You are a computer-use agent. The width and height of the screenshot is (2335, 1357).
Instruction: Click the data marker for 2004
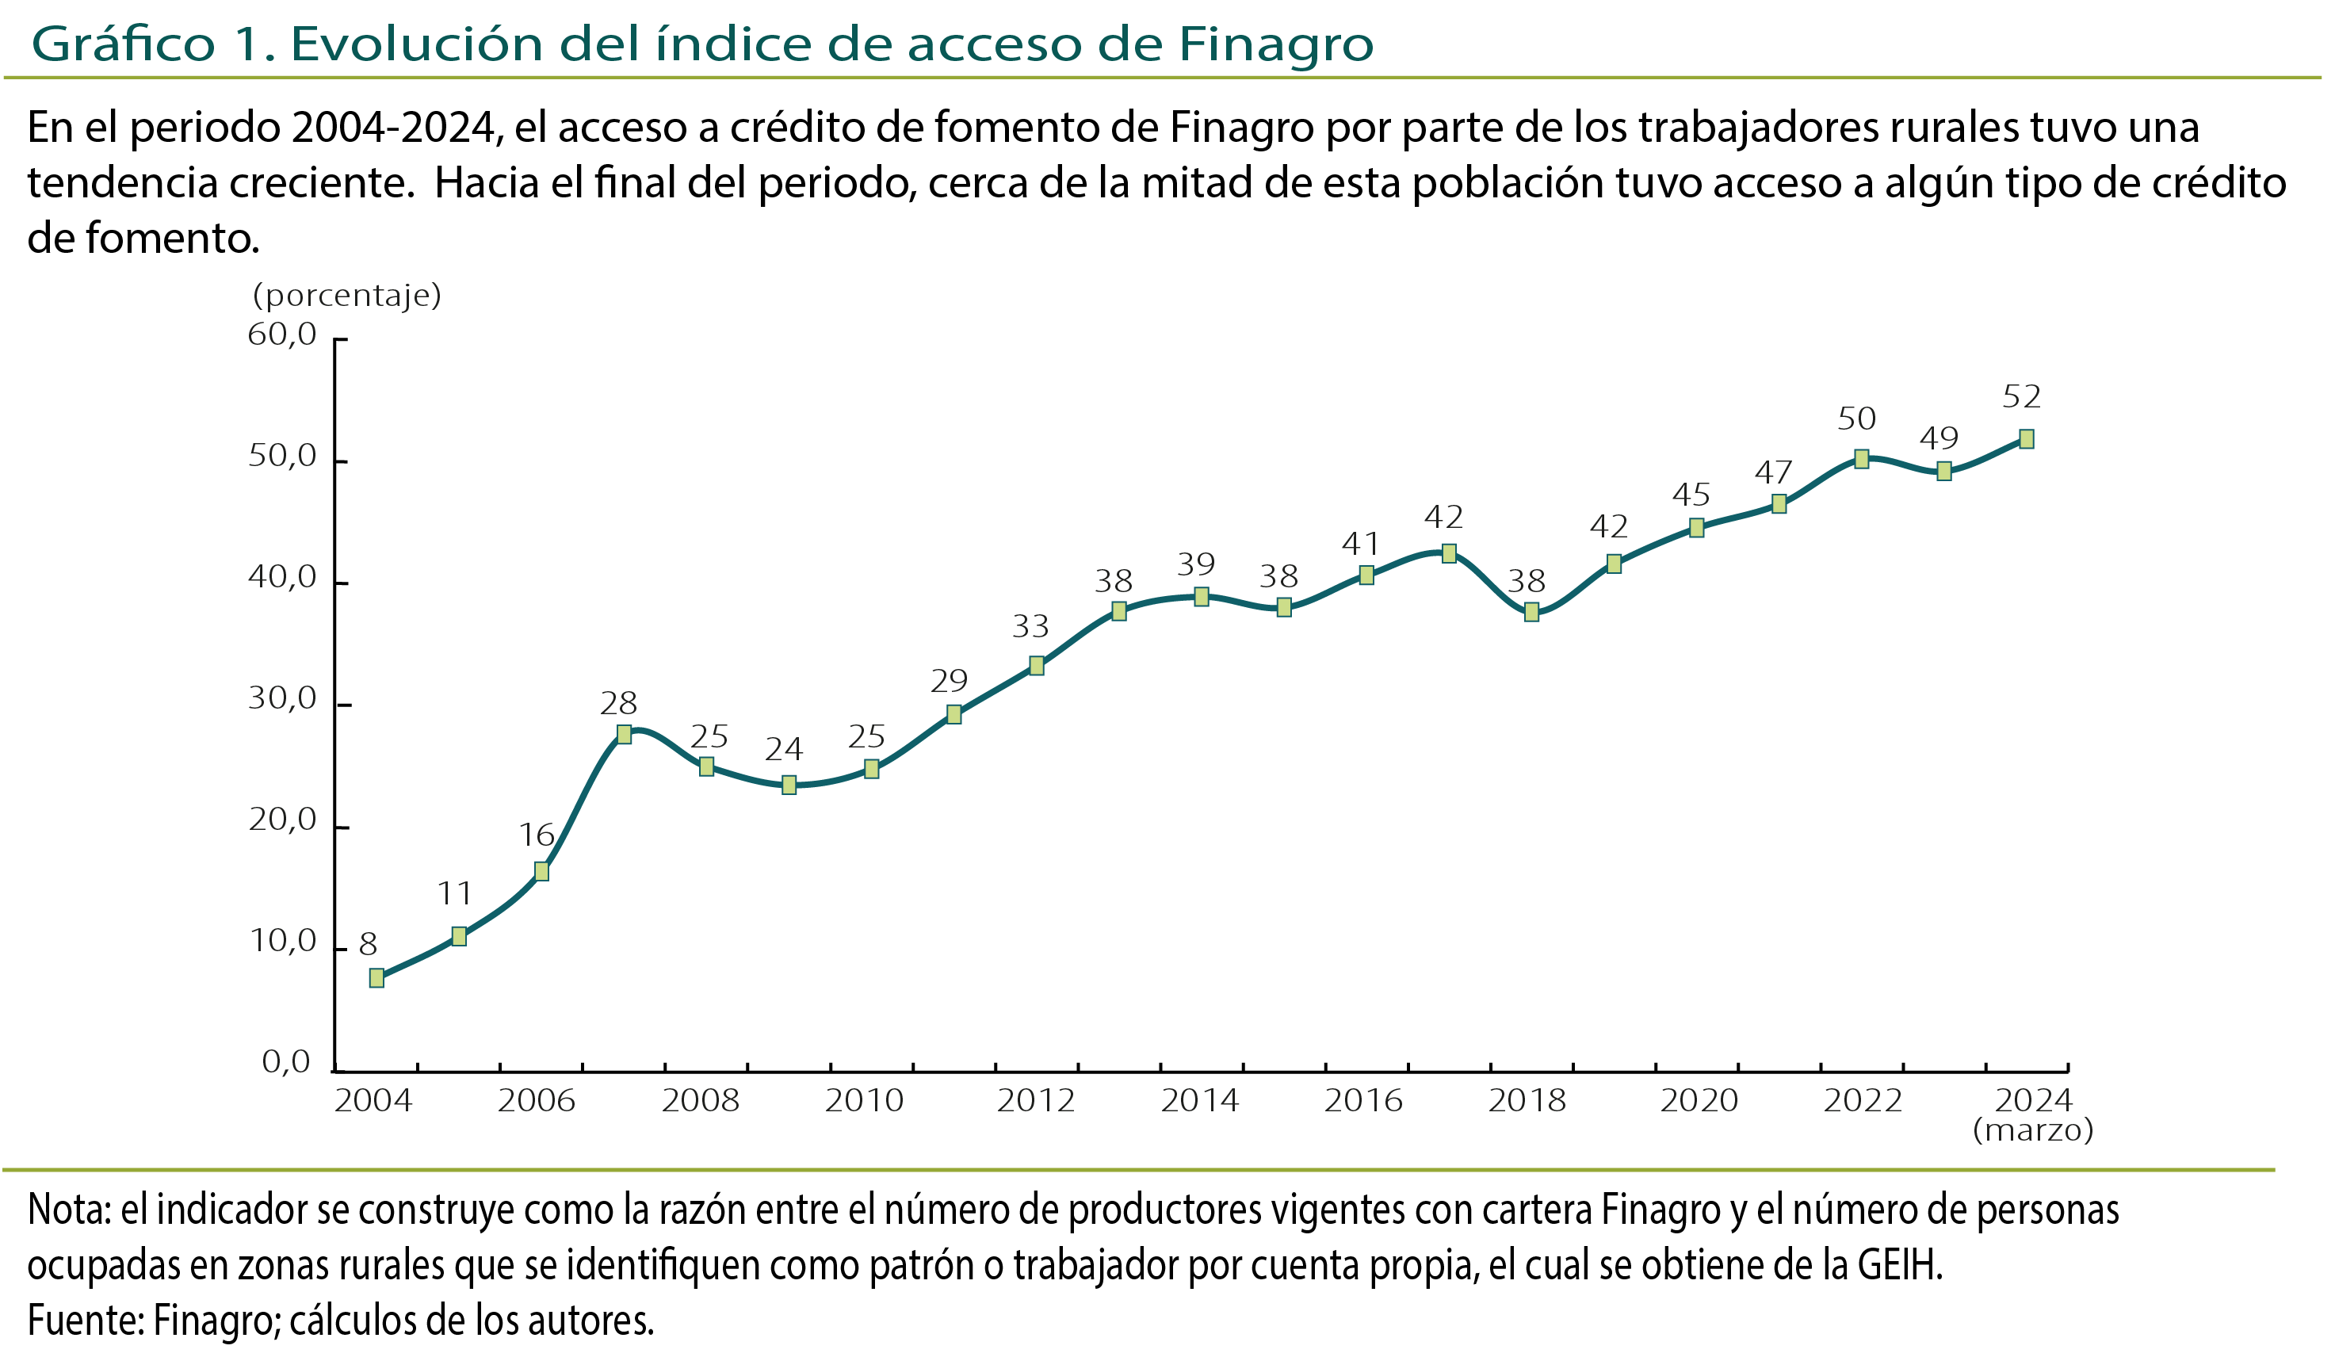point(376,978)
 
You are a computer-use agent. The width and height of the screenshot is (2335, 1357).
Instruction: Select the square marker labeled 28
point(624,734)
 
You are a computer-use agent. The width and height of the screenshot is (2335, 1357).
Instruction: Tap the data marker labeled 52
point(2027,438)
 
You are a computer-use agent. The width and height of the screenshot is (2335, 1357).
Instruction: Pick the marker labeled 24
point(789,785)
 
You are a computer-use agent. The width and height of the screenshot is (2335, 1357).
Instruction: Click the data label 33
point(1030,627)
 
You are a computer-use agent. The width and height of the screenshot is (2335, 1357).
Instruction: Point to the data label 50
point(1857,419)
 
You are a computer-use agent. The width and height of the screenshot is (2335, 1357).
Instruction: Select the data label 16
point(537,835)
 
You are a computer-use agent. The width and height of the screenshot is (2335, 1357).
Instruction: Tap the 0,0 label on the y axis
point(286,1061)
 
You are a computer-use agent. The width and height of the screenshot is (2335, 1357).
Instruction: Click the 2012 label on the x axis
point(1035,1101)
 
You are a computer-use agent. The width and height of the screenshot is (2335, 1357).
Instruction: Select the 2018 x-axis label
point(1527,1101)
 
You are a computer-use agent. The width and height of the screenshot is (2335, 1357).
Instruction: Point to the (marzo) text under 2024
point(2033,1130)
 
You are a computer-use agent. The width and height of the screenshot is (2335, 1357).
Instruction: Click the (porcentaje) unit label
point(346,296)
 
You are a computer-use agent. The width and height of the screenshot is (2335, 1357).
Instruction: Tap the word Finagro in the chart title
point(1275,44)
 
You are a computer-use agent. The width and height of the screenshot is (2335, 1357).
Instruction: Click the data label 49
point(1939,438)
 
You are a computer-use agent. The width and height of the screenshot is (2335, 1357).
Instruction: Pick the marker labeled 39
point(1201,596)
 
